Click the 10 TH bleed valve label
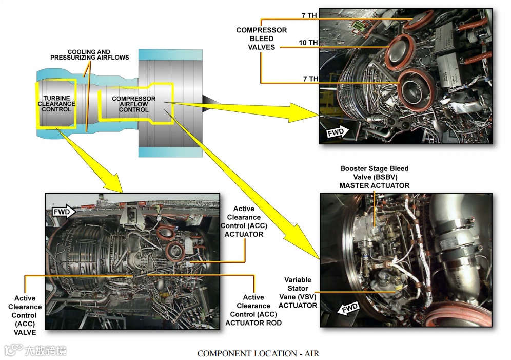pos(309,43)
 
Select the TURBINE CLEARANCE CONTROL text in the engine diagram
pos(56,104)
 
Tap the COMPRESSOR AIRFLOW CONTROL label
pos(133,104)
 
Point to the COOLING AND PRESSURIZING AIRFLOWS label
pos(89,55)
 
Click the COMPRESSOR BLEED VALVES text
pos(261,39)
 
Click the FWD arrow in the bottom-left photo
pos(64,211)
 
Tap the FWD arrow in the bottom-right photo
pos(350,309)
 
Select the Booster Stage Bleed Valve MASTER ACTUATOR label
pos(374,177)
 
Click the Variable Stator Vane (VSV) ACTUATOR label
pos(298,292)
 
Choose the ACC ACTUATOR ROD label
pos(253,310)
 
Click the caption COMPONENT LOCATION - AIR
pos(258,353)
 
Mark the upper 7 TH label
pos(309,16)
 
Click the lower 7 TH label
pos(310,79)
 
